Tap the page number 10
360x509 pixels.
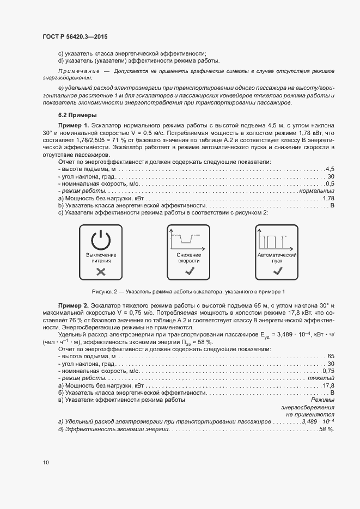pos(46,462)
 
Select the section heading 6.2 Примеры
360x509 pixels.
pos(77,115)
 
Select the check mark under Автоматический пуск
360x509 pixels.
pos(277,271)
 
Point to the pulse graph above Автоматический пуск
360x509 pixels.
pos(277,240)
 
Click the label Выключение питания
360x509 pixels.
pos(101,257)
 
